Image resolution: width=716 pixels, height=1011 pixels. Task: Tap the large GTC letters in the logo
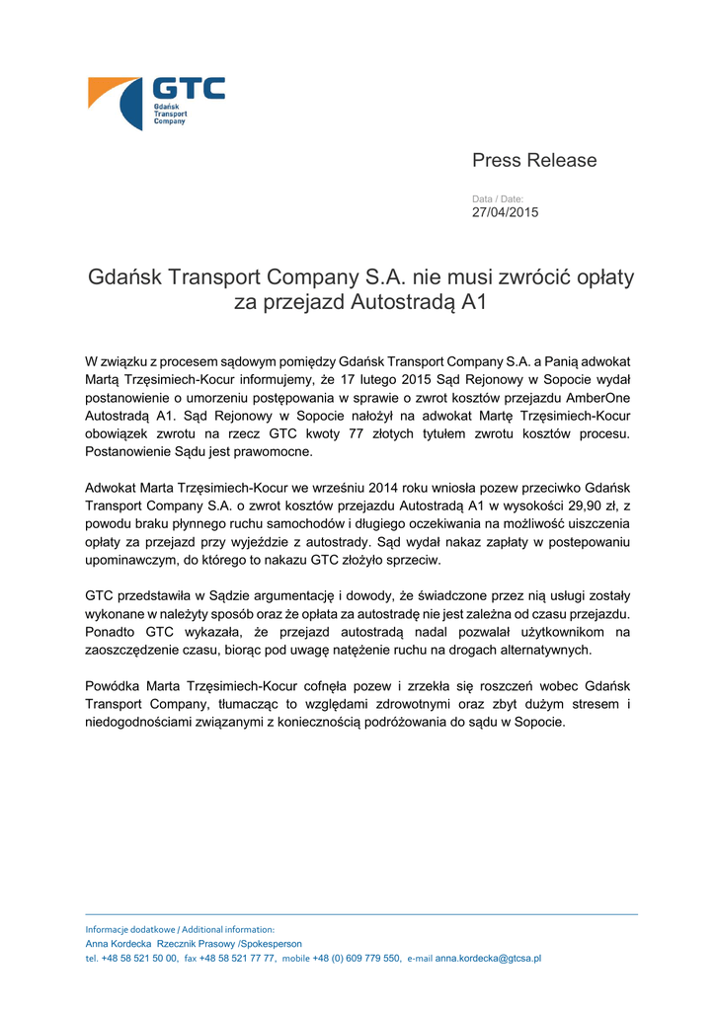(x=188, y=89)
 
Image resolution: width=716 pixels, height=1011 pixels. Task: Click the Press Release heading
(x=534, y=160)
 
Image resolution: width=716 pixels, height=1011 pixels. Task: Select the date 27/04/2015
(x=505, y=212)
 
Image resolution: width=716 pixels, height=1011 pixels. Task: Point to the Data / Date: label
(x=498, y=199)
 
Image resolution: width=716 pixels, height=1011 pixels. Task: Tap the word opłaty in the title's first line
(x=600, y=276)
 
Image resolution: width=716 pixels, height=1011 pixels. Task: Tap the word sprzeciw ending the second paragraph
(x=411, y=560)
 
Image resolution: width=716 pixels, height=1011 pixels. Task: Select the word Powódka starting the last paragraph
(x=114, y=685)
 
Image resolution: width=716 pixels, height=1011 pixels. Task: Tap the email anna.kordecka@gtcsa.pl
(x=488, y=958)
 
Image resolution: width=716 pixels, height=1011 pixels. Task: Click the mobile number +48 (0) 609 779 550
(x=357, y=958)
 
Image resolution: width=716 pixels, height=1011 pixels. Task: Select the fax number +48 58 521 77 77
(x=237, y=958)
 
